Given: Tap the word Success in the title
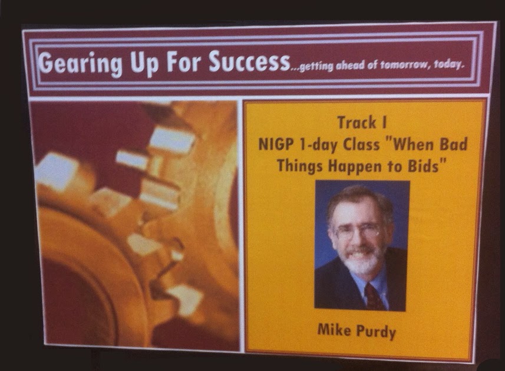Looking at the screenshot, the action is (x=249, y=61).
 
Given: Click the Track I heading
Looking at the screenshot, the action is (x=362, y=123).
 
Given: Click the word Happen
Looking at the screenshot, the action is (x=355, y=167).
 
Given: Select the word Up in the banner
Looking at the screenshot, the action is (x=145, y=64).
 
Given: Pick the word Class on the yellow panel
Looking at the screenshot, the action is (x=361, y=145).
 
